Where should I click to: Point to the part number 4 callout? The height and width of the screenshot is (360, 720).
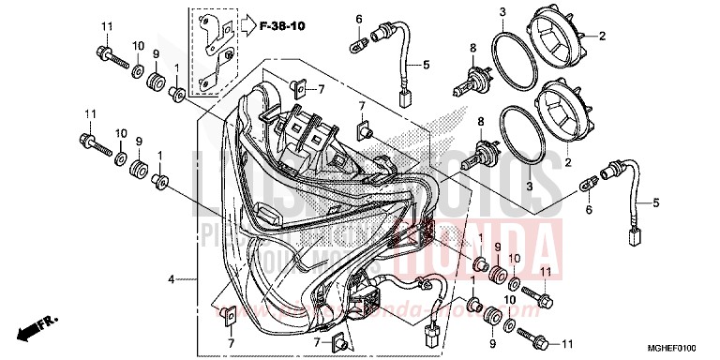(x=171, y=279)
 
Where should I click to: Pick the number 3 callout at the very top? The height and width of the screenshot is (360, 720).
(x=502, y=12)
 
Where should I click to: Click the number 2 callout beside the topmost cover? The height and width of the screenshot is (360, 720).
(x=603, y=37)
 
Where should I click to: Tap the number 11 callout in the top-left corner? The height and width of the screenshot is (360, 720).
(x=106, y=24)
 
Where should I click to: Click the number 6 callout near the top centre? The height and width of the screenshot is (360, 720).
(x=358, y=19)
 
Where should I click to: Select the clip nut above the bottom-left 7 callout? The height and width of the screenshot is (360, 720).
(x=231, y=315)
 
